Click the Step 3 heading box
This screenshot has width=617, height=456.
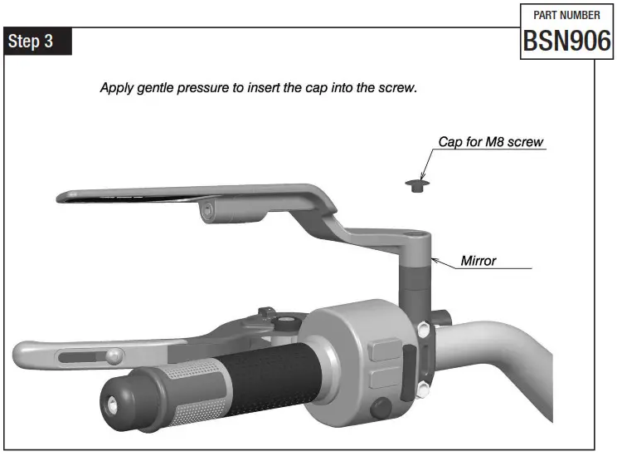[x=38, y=41]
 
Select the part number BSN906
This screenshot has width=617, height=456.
[x=566, y=41]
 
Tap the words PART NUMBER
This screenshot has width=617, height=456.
[x=566, y=15]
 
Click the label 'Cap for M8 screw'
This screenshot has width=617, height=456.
[x=490, y=142]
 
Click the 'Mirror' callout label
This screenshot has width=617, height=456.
[x=479, y=261]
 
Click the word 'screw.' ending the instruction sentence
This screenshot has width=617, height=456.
[x=396, y=87]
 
